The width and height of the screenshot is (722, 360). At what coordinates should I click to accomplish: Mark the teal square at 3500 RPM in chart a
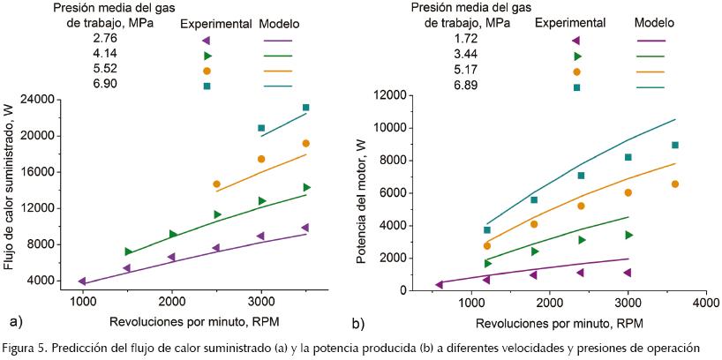click(x=306, y=108)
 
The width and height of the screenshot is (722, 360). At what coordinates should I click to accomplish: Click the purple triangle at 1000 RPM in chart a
click(x=83, y=281)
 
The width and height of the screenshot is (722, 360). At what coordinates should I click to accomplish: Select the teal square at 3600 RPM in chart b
click(x=675, y=146)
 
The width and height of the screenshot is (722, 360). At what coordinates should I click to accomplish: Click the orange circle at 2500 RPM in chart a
click(x=217, y=184)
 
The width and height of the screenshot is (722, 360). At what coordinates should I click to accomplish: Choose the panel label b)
click(x=358, y=323)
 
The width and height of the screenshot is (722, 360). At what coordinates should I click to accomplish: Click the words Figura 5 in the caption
click(x=26, y=347)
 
